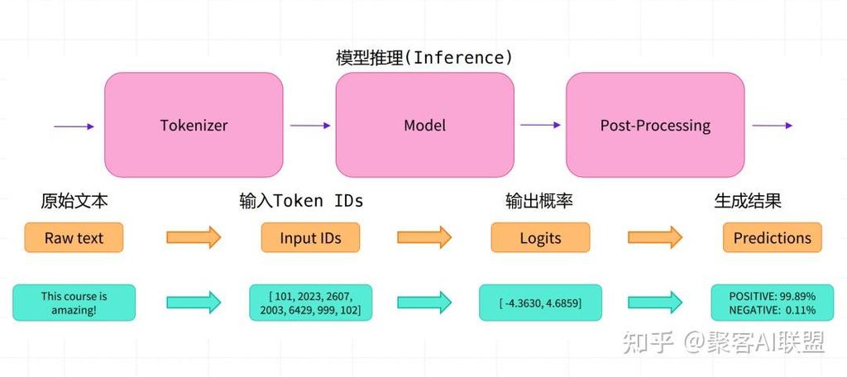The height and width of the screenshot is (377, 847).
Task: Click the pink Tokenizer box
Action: pos(194,126)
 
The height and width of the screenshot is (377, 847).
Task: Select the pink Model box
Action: pos(424,126)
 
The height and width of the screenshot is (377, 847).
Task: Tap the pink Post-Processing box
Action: pos(654,126)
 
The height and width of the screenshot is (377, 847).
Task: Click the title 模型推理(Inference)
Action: pos(423,58)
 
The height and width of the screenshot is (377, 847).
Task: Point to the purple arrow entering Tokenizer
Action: pos(74,126)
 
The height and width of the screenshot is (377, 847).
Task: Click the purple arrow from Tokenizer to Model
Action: pos(310,126)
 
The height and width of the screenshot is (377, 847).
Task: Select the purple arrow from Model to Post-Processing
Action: pos(540,126)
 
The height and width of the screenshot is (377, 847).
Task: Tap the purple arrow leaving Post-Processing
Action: pos(773,126)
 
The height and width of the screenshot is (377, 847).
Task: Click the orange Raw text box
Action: pos(74,238)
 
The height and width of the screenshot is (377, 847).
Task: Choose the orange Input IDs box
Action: pos(310,238)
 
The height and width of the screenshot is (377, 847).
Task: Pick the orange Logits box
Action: pos(540,238)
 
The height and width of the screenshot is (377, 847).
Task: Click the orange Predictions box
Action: pos(772,238)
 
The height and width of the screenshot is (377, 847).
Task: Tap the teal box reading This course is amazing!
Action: pos(74,303)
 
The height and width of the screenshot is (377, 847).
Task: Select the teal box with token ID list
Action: pos(310,303)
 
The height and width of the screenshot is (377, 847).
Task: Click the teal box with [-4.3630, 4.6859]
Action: pos(540,303)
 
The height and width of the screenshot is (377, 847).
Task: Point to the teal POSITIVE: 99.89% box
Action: pos(772,303)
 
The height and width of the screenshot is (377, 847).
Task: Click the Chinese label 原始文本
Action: pos(74,201)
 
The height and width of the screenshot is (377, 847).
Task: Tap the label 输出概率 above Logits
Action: pos(539,201)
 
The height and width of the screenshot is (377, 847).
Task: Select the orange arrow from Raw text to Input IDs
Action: pos(194,238)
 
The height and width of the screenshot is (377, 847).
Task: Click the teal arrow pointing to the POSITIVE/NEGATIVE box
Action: pos(655,303)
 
